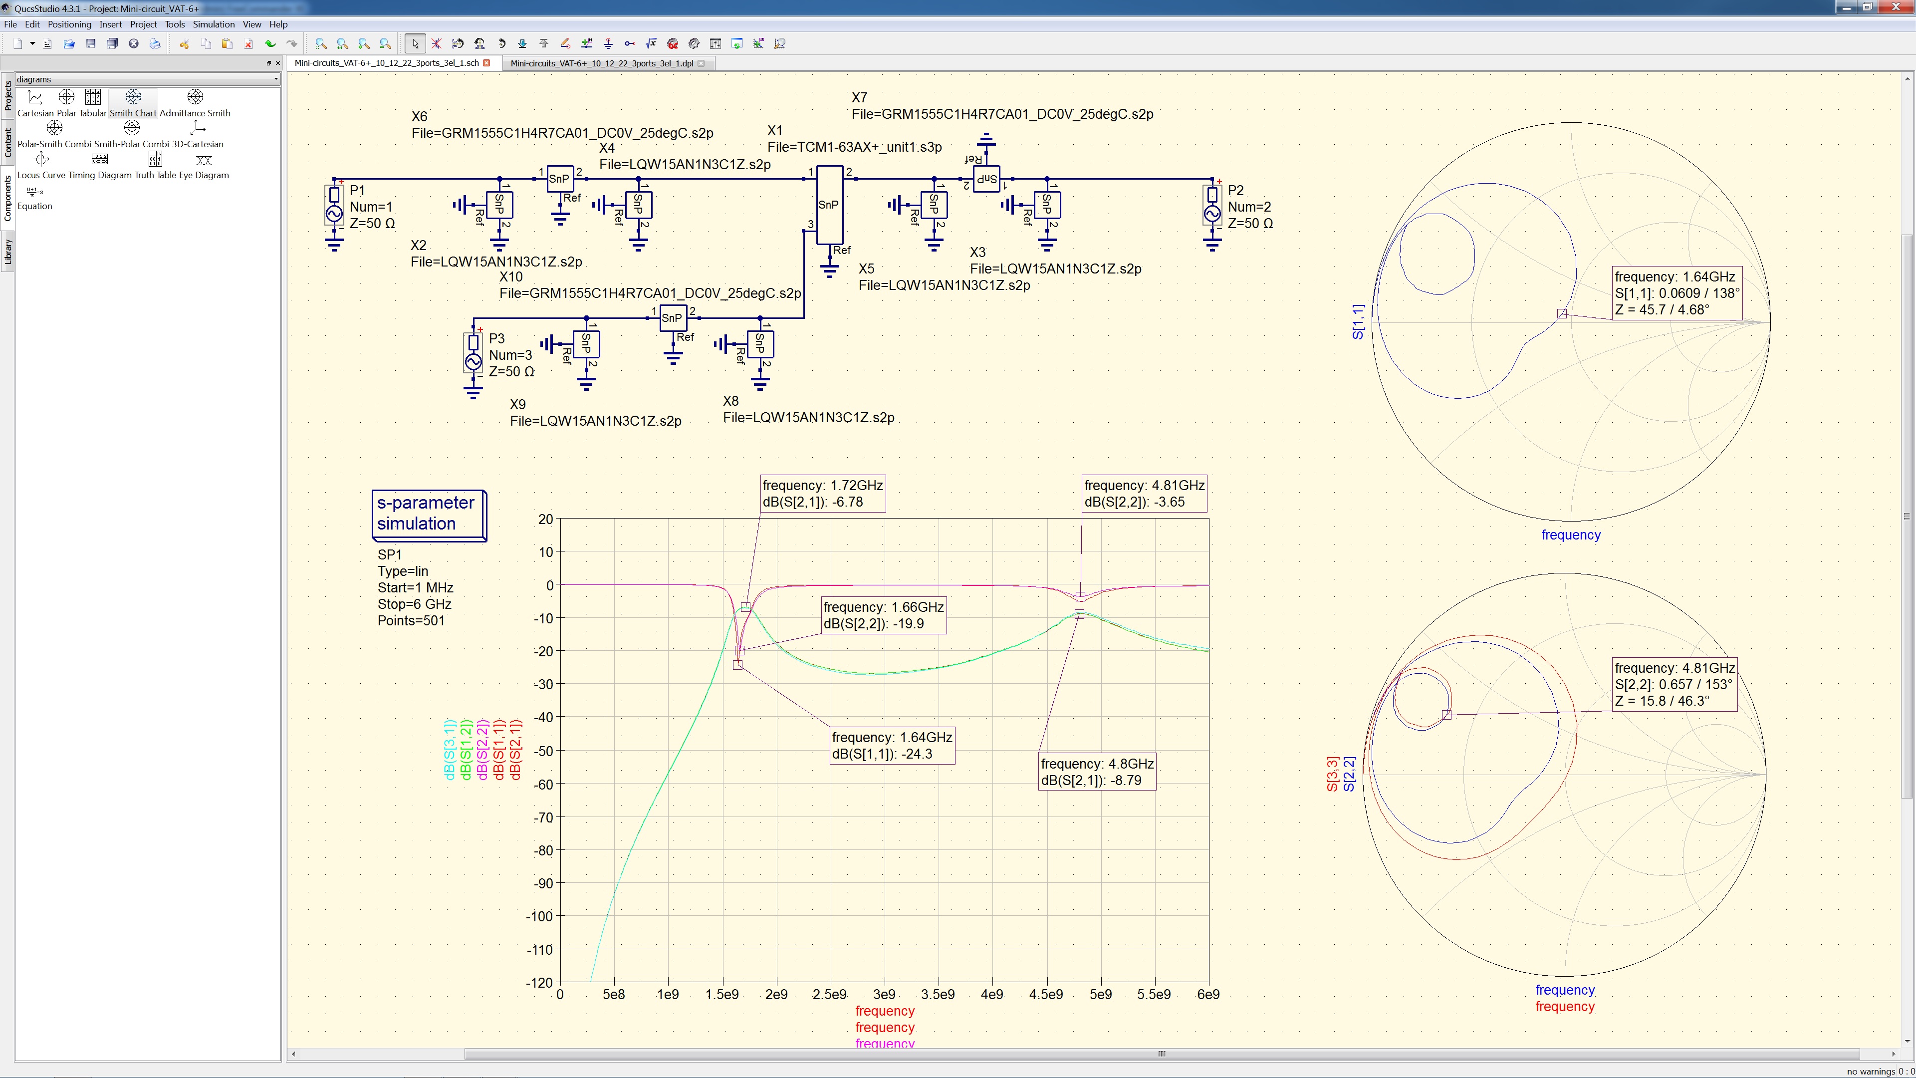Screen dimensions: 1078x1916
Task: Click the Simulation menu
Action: tap(214, 24)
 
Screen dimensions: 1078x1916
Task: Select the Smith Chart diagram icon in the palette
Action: tap(133, 97)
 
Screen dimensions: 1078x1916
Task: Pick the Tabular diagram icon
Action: tap(93, 97)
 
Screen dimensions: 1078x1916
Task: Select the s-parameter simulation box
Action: tap(429, 514)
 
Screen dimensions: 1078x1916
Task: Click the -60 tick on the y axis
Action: tap(544, 784)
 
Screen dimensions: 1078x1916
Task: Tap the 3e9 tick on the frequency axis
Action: tap(884, 995)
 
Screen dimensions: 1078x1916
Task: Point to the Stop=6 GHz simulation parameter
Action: tap(414, 604)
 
